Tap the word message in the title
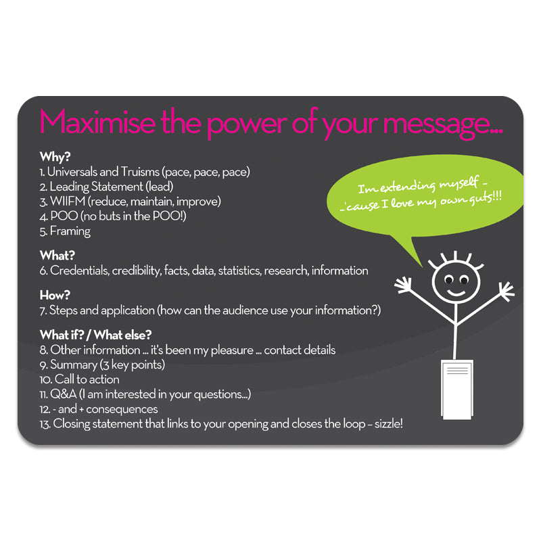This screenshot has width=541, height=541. [444, 125]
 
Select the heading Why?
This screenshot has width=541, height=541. [55, 157]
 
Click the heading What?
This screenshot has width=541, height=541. [57, 256]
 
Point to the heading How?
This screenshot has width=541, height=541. [55, 296]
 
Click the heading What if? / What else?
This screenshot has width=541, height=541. [95, 335]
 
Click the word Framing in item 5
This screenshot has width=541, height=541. [70, 231]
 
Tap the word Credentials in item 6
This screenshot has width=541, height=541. [80, 270]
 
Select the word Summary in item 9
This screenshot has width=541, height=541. [74, 365]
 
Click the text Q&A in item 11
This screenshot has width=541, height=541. [63, 394]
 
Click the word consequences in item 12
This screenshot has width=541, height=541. [122, 410]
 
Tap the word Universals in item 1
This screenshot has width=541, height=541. [72, 172]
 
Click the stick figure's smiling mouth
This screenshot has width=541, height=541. [456, 293]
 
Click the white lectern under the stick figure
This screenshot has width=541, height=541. [457, 390]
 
